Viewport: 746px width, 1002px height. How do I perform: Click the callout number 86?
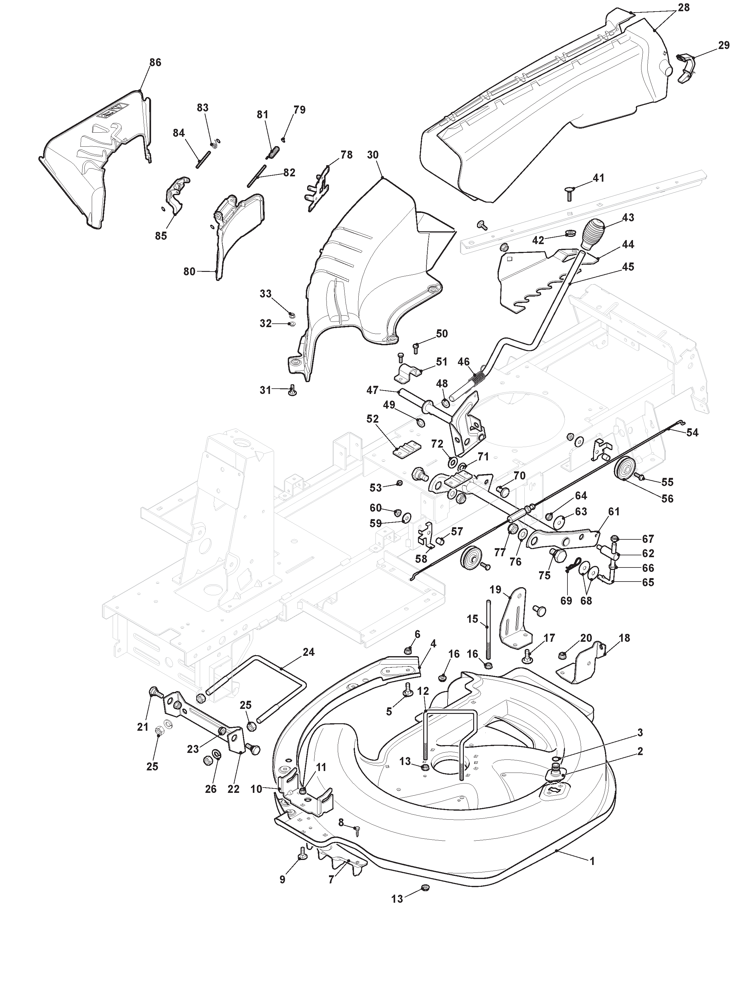coord(155,63)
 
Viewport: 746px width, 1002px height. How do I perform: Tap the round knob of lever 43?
coord(592,233)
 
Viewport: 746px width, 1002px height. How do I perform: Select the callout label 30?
coord(373,155)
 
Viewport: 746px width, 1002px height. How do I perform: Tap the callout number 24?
coord(309,652)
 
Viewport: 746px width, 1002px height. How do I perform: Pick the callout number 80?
coord(189,271)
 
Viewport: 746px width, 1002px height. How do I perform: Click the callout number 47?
coord(373,390)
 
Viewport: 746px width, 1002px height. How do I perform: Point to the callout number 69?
coord(566,601)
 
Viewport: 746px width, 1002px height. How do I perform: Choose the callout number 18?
coord(625,638)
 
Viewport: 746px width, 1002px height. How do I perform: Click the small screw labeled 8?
coord(357,827)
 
